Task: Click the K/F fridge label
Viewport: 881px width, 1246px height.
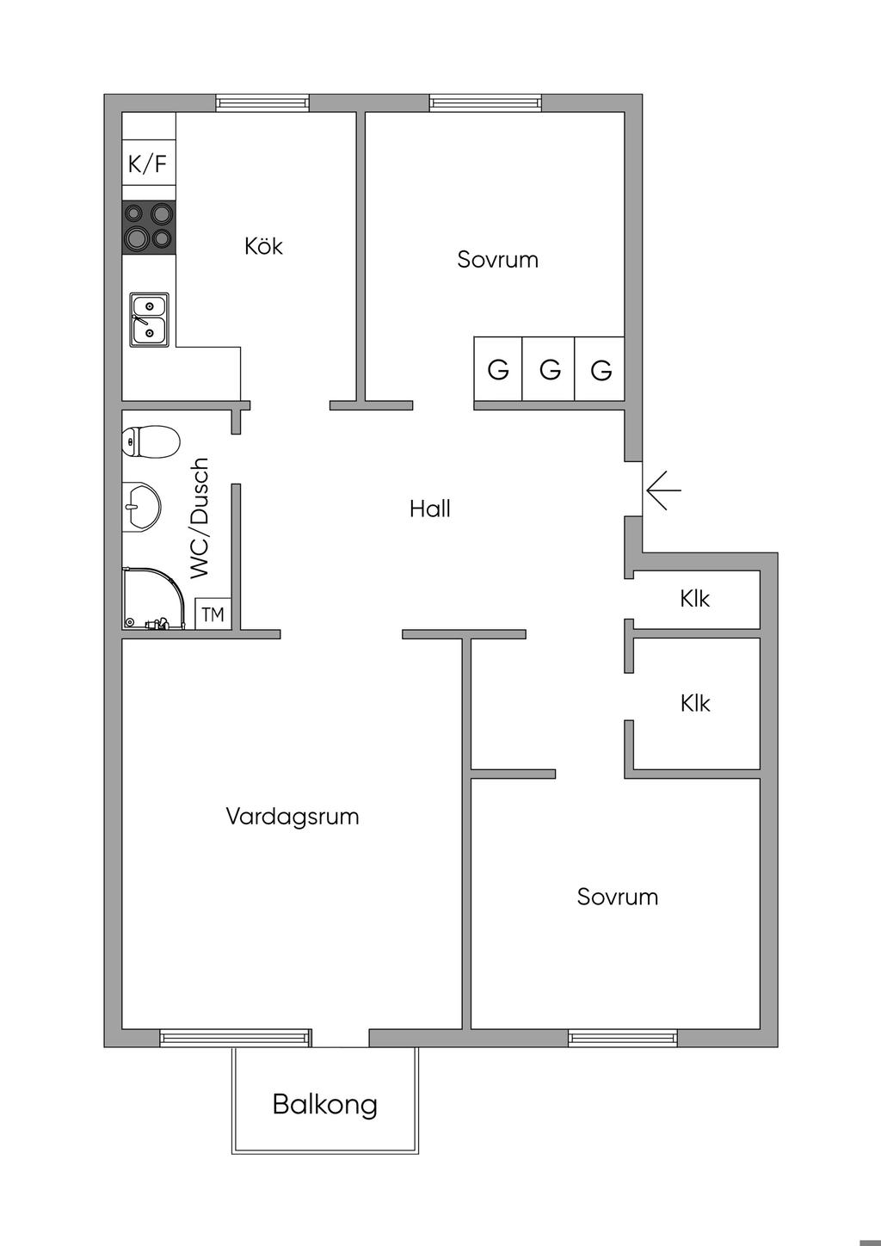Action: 148,163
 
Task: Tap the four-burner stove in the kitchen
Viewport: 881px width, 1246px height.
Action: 149,226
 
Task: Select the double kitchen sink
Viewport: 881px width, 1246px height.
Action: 149,318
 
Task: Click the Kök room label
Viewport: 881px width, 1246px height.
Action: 263,246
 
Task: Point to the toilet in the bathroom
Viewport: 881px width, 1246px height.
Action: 149,441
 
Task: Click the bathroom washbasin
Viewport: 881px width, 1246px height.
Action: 142,505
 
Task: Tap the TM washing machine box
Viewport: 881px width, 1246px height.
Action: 213,614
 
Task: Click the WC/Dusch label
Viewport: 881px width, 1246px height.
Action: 200,518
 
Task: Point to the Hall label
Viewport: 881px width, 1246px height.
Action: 430,509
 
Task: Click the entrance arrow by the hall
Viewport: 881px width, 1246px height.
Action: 663,490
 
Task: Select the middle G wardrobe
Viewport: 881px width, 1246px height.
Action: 550,370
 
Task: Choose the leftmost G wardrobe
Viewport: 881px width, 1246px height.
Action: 498,370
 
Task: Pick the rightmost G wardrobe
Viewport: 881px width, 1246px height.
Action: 601,370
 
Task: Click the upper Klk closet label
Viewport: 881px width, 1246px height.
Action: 695,598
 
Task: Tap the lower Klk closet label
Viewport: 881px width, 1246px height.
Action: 695,703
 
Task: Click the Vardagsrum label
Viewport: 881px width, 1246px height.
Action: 293,816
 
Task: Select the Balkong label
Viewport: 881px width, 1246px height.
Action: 325,1104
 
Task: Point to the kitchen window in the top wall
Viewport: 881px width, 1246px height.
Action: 262,102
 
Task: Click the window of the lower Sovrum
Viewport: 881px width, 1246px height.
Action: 623,1038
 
